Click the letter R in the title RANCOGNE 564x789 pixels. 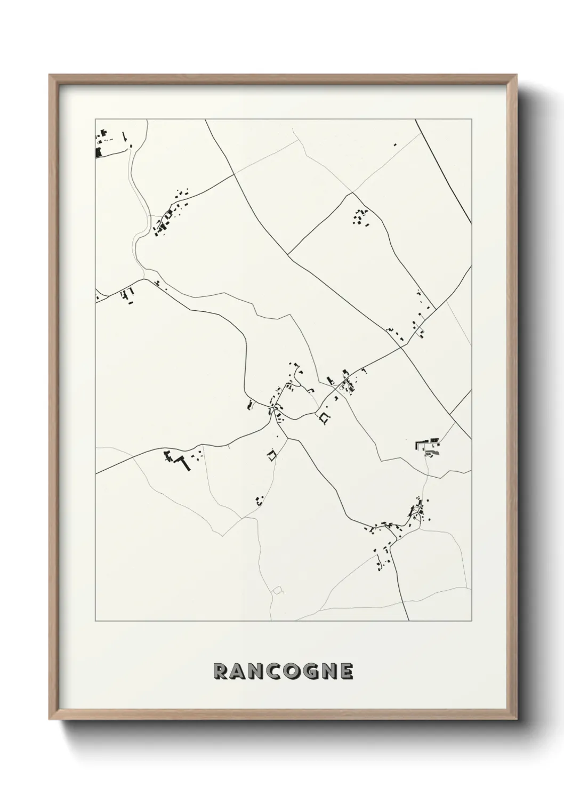click(220, 672)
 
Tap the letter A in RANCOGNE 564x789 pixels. click(239, 672)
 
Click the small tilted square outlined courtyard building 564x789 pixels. click(272, 455)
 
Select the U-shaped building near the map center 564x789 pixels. click(324, 418)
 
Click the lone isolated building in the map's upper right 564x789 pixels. click(395, 144)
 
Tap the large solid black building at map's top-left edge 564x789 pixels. click(98, 152)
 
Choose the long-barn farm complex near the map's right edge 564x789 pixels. click(429, 445)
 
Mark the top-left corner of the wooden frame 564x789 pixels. click(50, 75)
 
